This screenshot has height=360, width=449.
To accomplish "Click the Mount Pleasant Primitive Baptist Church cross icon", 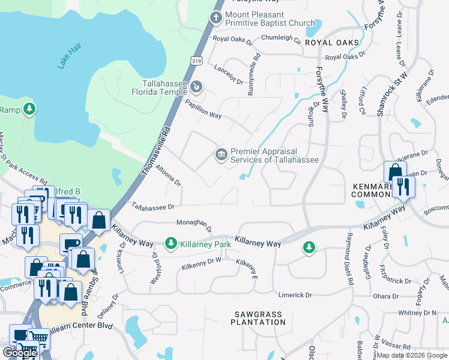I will (216, 18).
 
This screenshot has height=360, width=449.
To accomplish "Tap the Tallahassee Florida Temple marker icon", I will (196, 88).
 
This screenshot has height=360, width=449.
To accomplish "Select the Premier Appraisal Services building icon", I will (221, 155).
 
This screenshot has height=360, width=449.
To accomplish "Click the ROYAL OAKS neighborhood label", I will (332, 43).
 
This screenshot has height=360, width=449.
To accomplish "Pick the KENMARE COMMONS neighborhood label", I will (372, 191).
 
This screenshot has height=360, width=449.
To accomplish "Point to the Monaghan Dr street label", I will (194, 225).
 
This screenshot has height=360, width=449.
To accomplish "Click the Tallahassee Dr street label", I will (153, 206).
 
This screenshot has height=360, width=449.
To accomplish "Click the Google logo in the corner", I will (20, 353).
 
